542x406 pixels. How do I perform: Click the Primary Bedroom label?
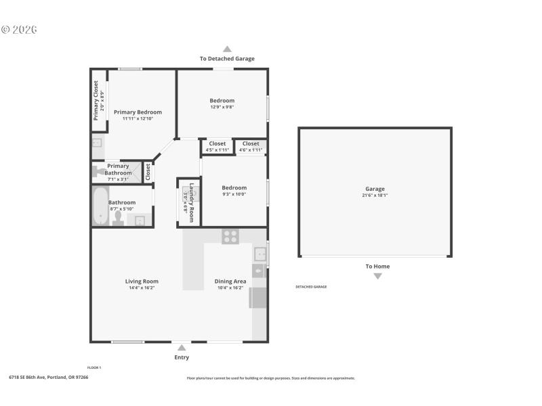[x=138, y=112]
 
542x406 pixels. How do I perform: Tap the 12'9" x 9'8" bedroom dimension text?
[x=222, y=107]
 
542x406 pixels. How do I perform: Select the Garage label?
[x=375, y=189]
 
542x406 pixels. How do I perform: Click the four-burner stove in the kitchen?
[x=230, y=236]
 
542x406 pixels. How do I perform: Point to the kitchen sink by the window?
[x=259, y=254]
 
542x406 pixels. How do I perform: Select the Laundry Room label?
[x=192, y=202]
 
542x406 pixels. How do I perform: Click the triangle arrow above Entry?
[x=182, y=348]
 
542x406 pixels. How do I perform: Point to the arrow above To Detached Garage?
[x=227, y=49]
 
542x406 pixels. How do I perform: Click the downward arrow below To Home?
[x=377, y=276]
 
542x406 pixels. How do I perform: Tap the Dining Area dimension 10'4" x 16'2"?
[x=230, y=288]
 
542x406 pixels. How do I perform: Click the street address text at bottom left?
[x=48, y=377]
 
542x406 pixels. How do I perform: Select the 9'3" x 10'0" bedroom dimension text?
[x=234, y=194]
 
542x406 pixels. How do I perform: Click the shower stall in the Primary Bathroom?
[x=144, y=171]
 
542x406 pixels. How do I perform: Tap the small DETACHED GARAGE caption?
[x=311, y=287]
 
